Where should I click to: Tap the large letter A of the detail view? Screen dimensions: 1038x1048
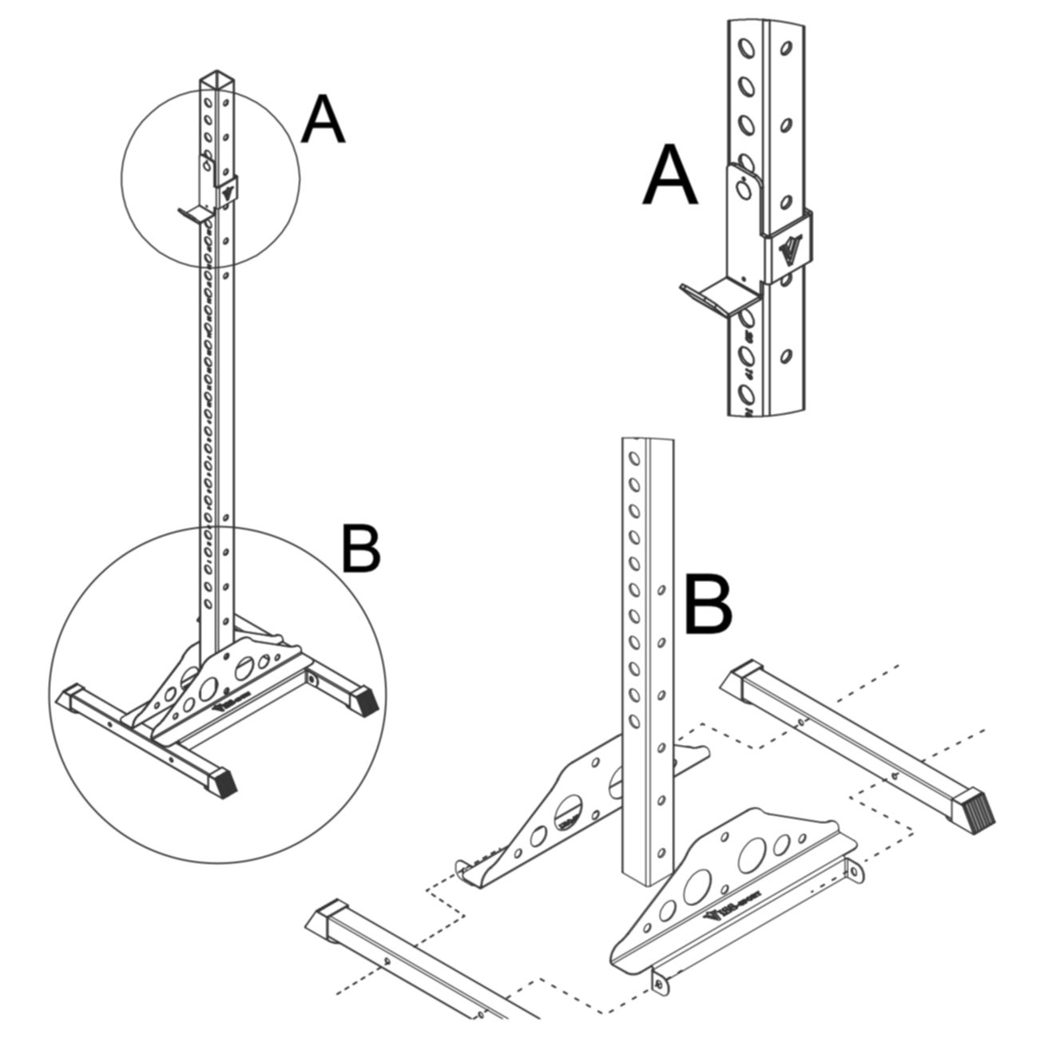pyautogui.click(x=671, y=179)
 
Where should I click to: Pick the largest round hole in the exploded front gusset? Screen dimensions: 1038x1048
pyautogui.click(x=754, y=856)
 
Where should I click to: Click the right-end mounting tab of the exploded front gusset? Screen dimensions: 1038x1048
pyautogui.click(x=856, y=870)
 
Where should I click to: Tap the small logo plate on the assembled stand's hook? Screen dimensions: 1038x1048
pyautogui.click(x=227, y=192)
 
